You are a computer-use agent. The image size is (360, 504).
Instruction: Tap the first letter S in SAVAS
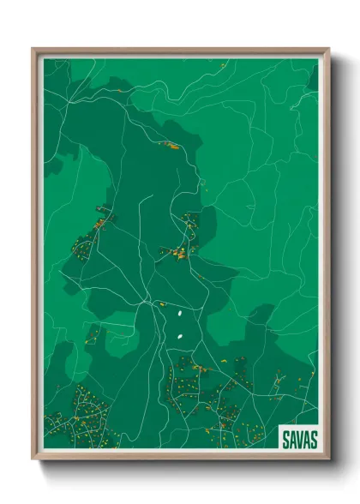[285, 440]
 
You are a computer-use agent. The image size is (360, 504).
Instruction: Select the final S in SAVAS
[314, 440]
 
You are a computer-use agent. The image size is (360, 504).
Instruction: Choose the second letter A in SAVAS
[307, 440]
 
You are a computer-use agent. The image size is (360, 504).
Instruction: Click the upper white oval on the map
[180, 315]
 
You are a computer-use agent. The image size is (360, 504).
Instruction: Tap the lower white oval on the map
[179, 336]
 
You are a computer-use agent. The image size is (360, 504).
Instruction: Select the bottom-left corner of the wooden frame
[33, 461]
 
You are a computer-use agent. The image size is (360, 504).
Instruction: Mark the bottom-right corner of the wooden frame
[328, 461]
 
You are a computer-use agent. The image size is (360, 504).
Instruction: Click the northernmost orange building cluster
[172, 146]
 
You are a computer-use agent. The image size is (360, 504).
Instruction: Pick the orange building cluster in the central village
[182, 252]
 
